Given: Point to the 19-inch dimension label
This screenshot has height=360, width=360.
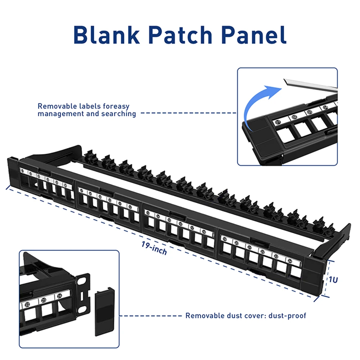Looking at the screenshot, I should (154, 248).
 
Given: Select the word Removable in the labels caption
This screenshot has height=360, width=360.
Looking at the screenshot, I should (55, 107).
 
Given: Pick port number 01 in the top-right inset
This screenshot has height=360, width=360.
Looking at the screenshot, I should (278, 122).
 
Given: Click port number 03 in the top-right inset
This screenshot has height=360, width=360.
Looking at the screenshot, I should (309, 112).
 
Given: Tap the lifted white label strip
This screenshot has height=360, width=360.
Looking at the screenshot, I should (310, 85).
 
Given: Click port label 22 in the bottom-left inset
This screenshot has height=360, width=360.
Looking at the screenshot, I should (27, 305).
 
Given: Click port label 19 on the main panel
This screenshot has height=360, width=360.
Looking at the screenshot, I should (225, 239).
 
